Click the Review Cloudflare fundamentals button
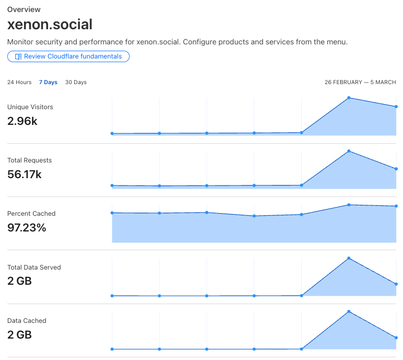[68, 56]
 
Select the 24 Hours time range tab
[19, 82]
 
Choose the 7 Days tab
[48, 82]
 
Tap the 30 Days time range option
[76, 82]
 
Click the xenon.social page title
[50, 25]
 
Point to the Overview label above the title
[24, 9]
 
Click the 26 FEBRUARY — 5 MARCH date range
[360, 82]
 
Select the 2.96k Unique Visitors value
[22, 121]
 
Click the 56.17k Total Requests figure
[25, 174]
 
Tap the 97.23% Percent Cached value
[27, 228]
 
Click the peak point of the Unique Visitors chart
[349, 98]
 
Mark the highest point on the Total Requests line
[349, 151]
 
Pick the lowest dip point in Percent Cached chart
[254, 216]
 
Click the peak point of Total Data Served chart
[349, 258]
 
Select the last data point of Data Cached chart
[396, 338]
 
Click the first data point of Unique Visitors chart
[112, 133]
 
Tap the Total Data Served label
[34, 267]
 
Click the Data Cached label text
[27, 321]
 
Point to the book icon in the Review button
[18, 56]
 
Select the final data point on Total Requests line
[396, 169]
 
